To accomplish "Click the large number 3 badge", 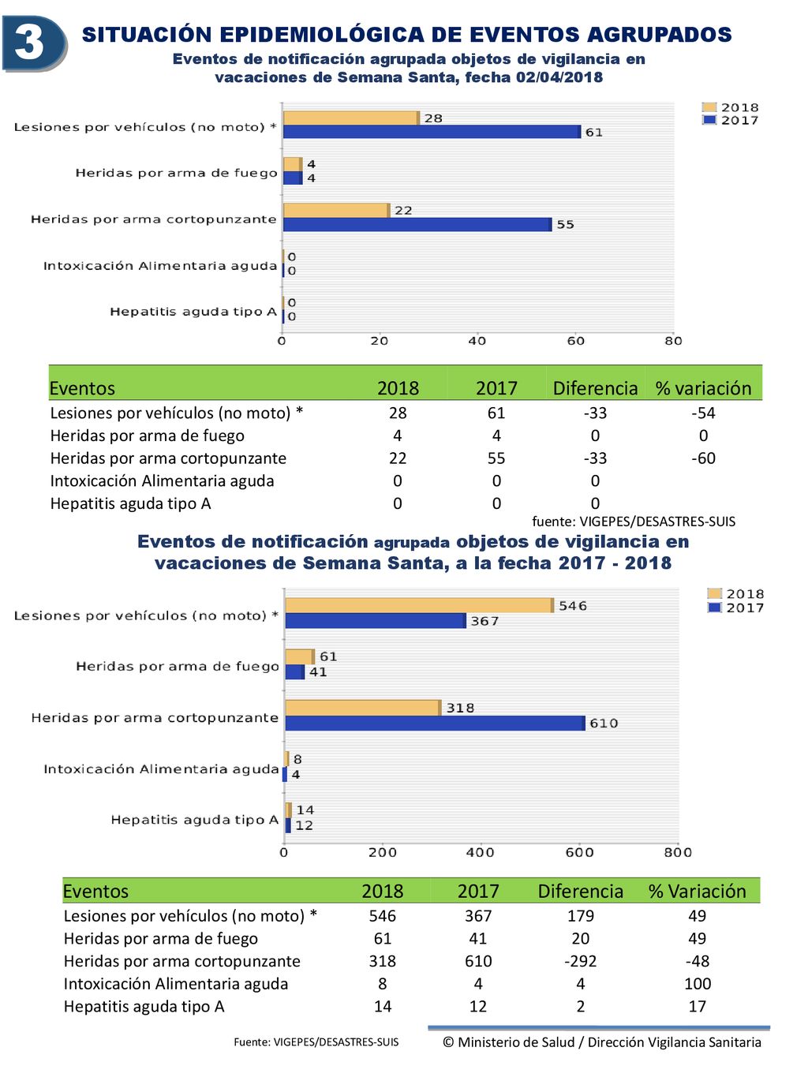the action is pyautogui.click(x=35, y=43).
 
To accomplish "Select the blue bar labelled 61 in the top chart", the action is pyautogui.click(x=432, y=132).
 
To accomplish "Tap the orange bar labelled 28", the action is pyautogui.click(x=351, y=118).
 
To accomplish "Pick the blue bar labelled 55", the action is pyautogui.click(x=417, y=224).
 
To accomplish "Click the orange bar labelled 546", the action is pyautogui.click(x=420, y=605).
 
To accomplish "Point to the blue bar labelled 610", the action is pyautogui.click(x=435, y=723).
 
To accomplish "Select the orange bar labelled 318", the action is pyautogui.click(x=363, y=708).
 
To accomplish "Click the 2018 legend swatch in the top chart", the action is pyautogui.click(x=709, y=107).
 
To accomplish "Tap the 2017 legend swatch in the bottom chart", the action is pyautogui.click(x=715, y=608).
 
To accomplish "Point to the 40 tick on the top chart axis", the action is pyautogui.click(x=477, y=341).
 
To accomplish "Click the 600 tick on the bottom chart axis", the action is pyautogui.click(x=579, y=852).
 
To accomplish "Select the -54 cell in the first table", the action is pyautogui.click(x=703, y=413).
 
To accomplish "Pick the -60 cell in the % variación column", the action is pyautogui.click(x=703, y=458).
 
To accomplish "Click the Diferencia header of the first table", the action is pyautogui.click(x=595, y=388).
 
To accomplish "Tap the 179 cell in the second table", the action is pyautogui.click(x=581, y=915).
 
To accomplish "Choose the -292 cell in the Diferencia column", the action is pyautogui.click(x=581, y=961).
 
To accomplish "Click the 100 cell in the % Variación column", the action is pyautogui.click(x=697, y=983).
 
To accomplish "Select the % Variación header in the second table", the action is pyautogui.click(x=697, y=891).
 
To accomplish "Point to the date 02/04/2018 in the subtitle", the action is pyautogui.click(x=559, y=77).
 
